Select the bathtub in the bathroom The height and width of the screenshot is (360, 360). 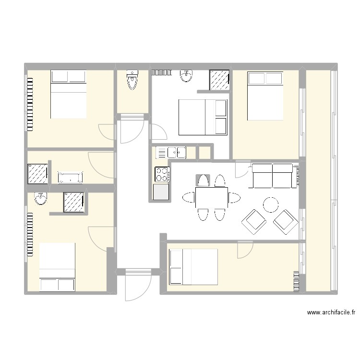pyautogui.click(x=71, y=178)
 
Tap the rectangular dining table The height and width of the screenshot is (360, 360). pyautogui.click(x=211, y=197)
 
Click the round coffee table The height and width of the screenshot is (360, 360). pyautogui.click(x=271, y=205)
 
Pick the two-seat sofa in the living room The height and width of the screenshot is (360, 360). pyautogui.click(x=273, y=175)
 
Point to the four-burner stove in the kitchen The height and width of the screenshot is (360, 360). pyautogui.click(x=161, y=174)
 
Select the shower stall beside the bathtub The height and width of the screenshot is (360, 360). pyautogui.click(x=37, y=174)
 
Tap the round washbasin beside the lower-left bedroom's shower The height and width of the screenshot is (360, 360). pyautogui.click(x=41, y=199)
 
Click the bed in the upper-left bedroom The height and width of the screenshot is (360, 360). pyautogui.click(x=68, y=94)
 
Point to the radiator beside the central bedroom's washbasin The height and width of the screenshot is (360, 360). pyautogui.click(x=162, y=72)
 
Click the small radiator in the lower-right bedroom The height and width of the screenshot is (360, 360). pyautogui.click(x=296, y=281)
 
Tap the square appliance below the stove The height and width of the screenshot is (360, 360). pyautogui.click(x=161, y=192)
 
